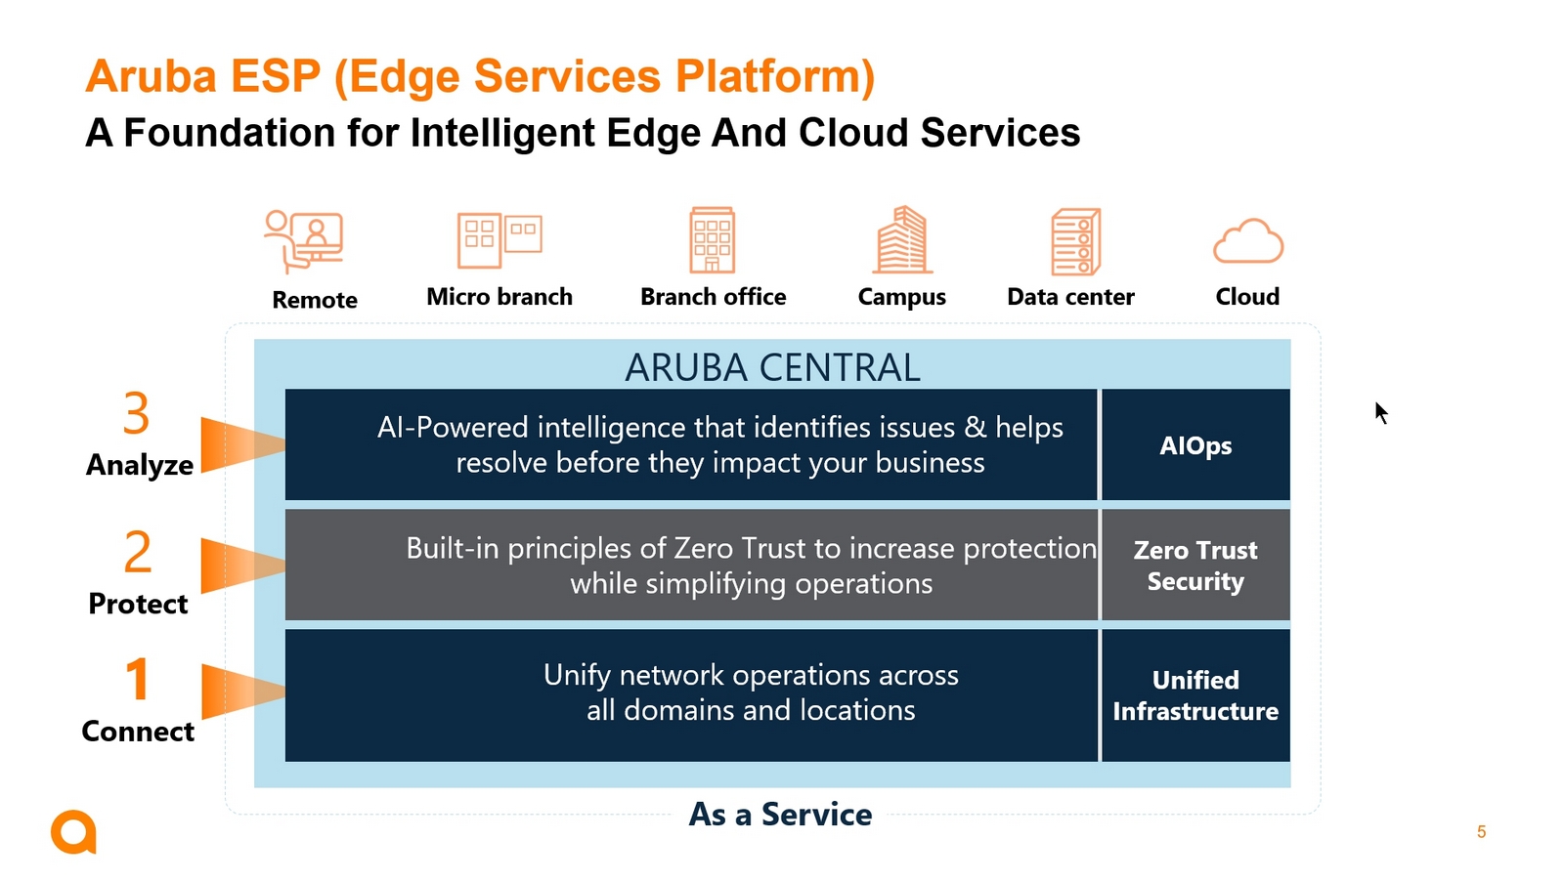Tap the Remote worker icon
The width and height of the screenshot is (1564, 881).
[x=304, y=241]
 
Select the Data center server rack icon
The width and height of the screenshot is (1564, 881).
[x=1076, y=241]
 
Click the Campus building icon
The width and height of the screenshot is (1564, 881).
[x=902, y=239]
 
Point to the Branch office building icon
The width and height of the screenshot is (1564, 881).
[x=713, y=240]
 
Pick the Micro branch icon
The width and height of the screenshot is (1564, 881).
[x=500, y=240]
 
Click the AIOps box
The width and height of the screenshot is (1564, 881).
[x=1195, y=444]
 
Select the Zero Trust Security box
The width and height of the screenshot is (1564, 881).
[x=1195, y=565]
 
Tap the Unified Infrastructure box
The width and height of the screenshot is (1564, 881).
[x=1195, y=695]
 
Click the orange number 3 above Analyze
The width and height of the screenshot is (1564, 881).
[x=136, y=413]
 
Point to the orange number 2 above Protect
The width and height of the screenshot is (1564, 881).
[x=138, y=551]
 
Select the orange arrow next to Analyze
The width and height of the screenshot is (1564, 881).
[x=243, y=445]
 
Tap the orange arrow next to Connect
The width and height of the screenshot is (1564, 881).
[x=243, y=692]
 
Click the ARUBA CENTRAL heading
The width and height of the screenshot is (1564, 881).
[x=772, y=367]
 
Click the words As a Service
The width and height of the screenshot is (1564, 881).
[x=780, y=814]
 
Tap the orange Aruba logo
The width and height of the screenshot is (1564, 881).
[x=73, y=831]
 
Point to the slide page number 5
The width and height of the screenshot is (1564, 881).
[x=1481, y=831]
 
